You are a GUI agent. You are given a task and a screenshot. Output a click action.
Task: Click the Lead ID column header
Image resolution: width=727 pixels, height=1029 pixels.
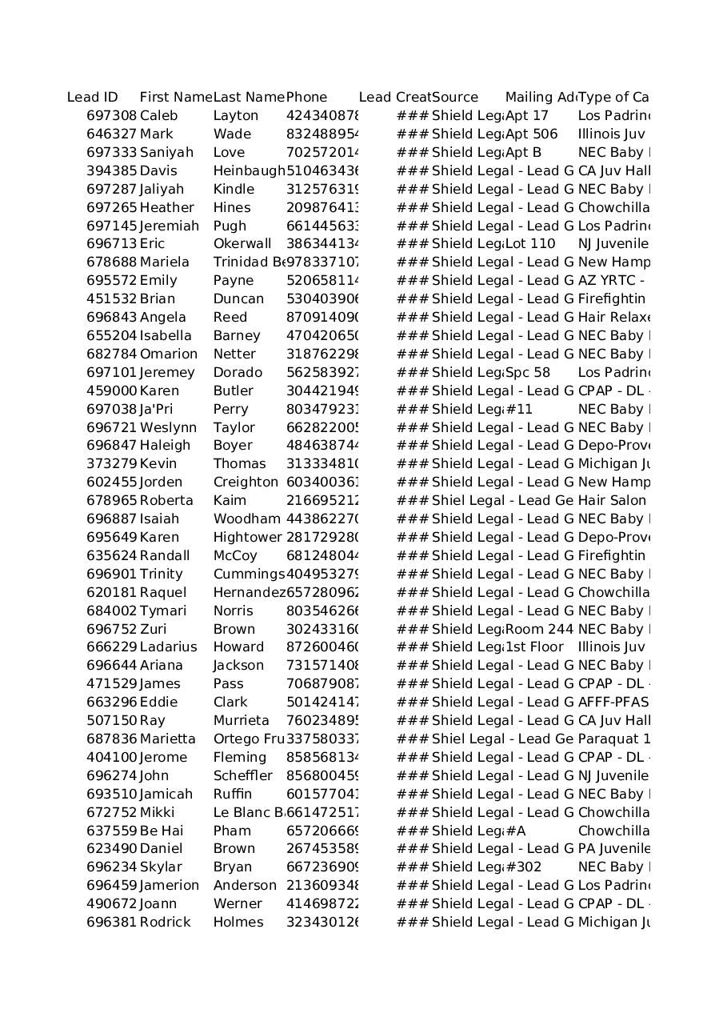93,98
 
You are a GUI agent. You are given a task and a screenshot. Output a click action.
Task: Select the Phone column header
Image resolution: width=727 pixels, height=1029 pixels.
307,98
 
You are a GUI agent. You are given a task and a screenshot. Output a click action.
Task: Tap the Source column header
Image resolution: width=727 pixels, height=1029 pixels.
455,98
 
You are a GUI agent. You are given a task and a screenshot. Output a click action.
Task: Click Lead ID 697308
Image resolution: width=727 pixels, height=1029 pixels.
112,116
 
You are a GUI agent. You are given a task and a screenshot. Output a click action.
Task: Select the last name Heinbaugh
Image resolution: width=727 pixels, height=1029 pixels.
249,171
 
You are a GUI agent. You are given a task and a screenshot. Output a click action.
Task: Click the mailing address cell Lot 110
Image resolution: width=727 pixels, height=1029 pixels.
530,244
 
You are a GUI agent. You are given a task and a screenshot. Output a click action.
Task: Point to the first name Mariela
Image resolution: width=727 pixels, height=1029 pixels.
165,262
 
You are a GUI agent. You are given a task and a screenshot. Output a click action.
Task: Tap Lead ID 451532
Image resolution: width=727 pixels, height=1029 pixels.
112,299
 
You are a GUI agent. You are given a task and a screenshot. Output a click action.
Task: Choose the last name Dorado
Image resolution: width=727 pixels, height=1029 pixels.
238,373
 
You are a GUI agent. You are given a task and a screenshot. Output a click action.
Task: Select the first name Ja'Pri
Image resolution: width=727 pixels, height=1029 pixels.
156,410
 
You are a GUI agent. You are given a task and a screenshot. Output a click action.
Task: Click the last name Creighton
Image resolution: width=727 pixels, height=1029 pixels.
246,482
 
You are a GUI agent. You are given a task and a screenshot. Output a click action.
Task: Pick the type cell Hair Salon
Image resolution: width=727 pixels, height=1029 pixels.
612,501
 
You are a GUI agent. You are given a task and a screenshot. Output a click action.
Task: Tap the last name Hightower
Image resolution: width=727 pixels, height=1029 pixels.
247,538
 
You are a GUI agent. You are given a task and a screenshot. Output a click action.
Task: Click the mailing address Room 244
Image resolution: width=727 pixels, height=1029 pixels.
540,630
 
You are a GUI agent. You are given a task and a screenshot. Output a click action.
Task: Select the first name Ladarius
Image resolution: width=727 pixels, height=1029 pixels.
168,647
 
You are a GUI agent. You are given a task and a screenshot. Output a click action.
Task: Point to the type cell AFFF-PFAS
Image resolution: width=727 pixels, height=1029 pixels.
613,703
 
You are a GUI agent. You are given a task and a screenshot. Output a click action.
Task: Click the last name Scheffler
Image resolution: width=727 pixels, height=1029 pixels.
242,776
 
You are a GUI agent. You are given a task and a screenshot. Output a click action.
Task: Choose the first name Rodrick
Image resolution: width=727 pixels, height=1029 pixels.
166,923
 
